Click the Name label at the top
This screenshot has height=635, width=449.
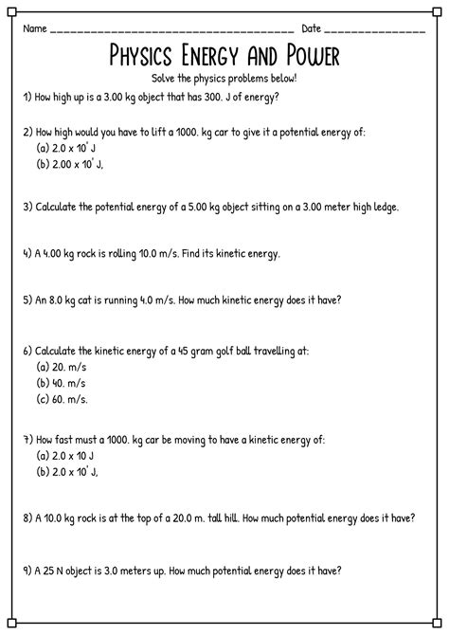point(36,28)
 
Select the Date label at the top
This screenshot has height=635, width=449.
point(312,28)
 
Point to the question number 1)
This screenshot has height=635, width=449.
point(28,97)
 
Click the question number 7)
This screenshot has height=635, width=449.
point(28,441)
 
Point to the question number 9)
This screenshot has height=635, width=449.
point(28,571)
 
